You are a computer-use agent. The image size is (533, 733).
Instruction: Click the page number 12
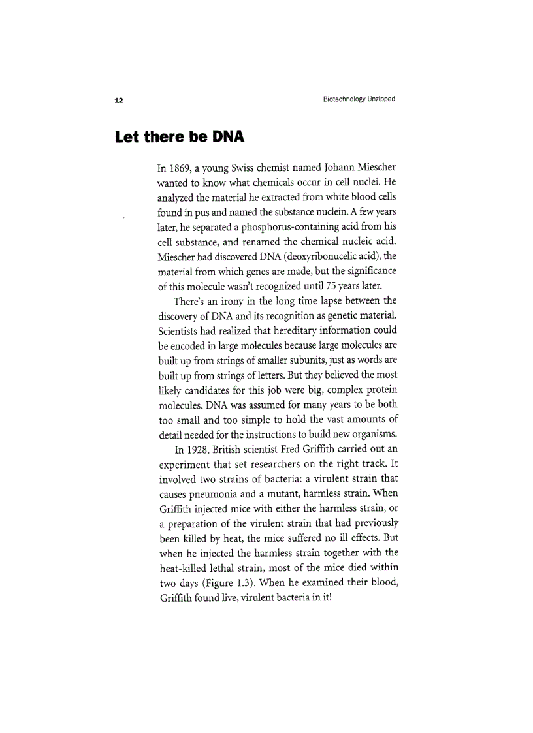click(119, 100)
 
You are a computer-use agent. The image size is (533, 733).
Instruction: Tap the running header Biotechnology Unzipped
click(359, 99)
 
